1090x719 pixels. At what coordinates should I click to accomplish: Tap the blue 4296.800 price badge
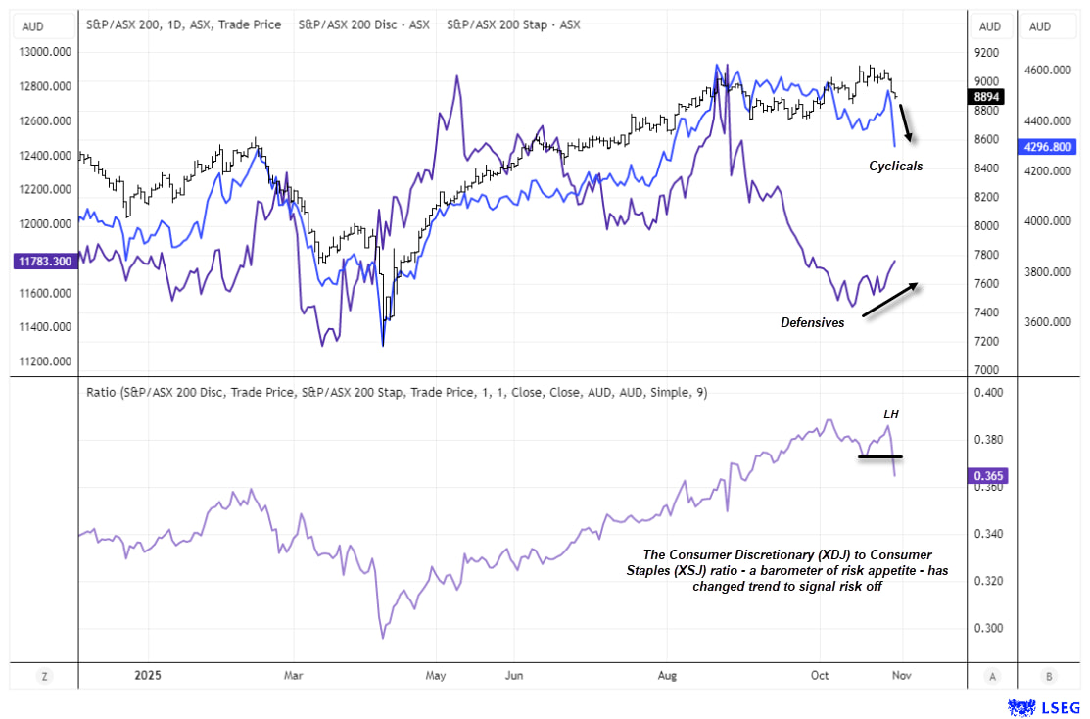pos(1048,147)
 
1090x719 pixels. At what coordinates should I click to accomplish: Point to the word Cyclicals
pos(895,167)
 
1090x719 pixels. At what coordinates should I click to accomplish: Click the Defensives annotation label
pos(812,322)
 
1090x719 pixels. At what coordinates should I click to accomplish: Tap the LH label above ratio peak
pos(891,414)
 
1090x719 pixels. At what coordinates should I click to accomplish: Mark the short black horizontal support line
pos(878,456)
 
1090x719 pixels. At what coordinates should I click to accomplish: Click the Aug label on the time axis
pos(667,675)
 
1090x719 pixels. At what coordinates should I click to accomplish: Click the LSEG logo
pos(1044,705)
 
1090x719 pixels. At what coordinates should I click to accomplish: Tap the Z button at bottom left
pos(45,675)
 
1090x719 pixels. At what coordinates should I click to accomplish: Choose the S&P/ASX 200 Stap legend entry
pos(513,24)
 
